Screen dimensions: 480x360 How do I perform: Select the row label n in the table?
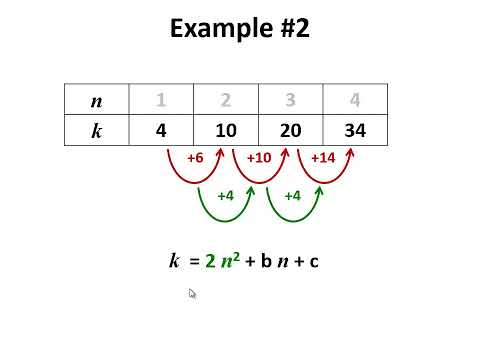pyautogui.click(x=96, y=100)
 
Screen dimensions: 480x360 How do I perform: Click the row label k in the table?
pyautogui.click(x=96, y=131)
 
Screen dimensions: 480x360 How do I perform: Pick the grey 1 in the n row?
pyautogui.click(x=161, y=100)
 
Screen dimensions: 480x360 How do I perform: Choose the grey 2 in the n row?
pyautogui.click(x=226, y=100)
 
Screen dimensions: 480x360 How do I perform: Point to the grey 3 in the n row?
pyautogui.click(x=290, y=100)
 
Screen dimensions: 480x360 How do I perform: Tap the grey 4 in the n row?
pyautogui.click(x=354, y=100)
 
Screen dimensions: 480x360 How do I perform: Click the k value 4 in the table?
pyautogui.click(x=161, y=131)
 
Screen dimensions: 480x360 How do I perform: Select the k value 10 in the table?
pyautogui.click(x=226, y=131)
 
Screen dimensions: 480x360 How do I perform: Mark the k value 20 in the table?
pyautogui.click(x=290, y=131)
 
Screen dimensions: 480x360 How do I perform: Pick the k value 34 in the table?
pyautogui.click(x=354, y=131)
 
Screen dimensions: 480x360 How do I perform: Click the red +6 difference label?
pyautogui.click(x=196, y=158)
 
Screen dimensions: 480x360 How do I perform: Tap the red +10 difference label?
pyautogui.click(x=259, y=158)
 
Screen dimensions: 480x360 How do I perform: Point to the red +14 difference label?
pyautogui.click(x=323, y=158)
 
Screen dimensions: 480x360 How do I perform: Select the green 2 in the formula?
pyautogui.click(x=210, y=262)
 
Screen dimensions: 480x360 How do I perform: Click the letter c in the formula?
pyautogui.click(x=313, y=262)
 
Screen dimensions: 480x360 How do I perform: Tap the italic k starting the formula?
pyautogui.click(x=174, y=262)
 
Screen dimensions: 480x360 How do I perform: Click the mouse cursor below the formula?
pyautogui.click(x=192, y=293)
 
